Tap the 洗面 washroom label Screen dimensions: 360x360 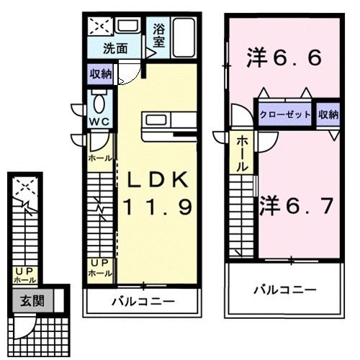[x=115, y=49]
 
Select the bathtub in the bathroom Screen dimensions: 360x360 [x=184, y=37]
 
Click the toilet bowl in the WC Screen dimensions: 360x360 [x=99, y=104]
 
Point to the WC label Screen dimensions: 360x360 [x=99, y=122]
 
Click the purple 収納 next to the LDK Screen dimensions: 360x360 [x=101, y=74]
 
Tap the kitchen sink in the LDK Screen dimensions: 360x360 [x=156, y=120]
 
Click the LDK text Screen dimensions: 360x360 [x=158, y=180]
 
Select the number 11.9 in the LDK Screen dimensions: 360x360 [x=158, y=207]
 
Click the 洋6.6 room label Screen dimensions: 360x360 [x=284, y=58]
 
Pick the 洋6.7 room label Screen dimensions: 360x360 [x=297, y=205]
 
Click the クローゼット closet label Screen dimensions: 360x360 [x=285, y=114]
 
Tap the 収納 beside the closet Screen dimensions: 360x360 [x=328, y=114]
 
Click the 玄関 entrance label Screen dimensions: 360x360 [x=32, y=300]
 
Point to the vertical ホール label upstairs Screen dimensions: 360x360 [x=242, y=154]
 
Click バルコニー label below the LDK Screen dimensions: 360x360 [x=143, y=302]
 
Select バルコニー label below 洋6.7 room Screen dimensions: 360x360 [x=285, y=290]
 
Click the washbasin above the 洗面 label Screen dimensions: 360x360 [x=127, y=26]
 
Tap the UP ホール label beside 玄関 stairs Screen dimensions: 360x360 [x=24, y=276]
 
